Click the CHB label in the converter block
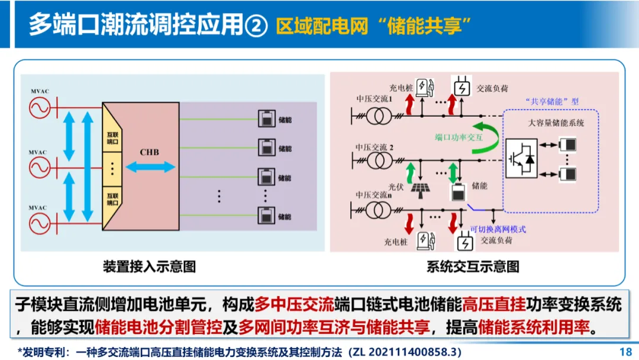click(149, 152)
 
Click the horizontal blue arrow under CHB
click(151, 167)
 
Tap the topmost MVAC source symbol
click(40, 109)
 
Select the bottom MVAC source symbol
click(40, 223)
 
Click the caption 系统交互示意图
click(473, 266)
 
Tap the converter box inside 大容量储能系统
click(521, 158)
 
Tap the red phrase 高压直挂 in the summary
click(494, 305)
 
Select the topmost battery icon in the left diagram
click(266, 118)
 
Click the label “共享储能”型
click(551, 101)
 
